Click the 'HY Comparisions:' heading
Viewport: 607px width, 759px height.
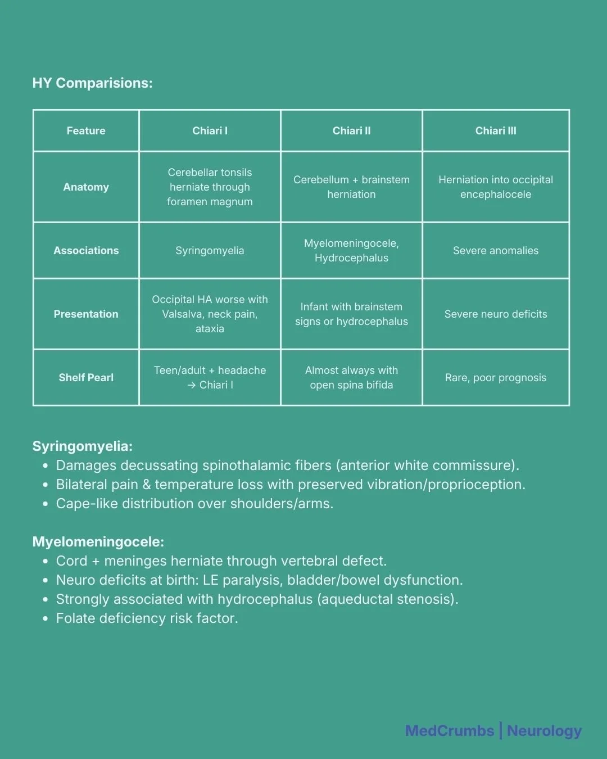[92, 83]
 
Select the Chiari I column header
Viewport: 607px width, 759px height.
[210, 131]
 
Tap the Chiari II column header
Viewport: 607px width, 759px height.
[351, 131]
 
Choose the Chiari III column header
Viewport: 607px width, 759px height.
[495, 131]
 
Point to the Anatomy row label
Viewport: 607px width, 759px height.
[86, 187]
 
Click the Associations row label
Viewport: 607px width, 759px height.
[86, 251]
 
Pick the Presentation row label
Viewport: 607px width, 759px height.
[86, 314]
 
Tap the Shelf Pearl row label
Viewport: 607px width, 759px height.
[86, 378]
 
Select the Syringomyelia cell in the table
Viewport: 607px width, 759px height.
[210, 251]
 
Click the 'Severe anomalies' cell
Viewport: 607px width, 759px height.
[495, 251]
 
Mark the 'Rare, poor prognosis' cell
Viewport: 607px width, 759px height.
[495, 378]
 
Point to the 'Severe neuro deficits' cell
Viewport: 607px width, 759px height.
[495, 314]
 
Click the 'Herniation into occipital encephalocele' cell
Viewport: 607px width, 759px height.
[495, 187]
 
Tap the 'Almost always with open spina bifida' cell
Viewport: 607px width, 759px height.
[351, 378]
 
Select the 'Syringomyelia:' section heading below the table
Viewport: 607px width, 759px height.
[82, 446]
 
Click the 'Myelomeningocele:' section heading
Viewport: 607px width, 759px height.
[98, 542]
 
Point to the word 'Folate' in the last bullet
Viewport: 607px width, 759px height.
[75, 618]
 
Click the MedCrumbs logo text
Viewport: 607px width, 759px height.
[449, 731]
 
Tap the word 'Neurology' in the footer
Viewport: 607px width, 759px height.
[544, 731]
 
